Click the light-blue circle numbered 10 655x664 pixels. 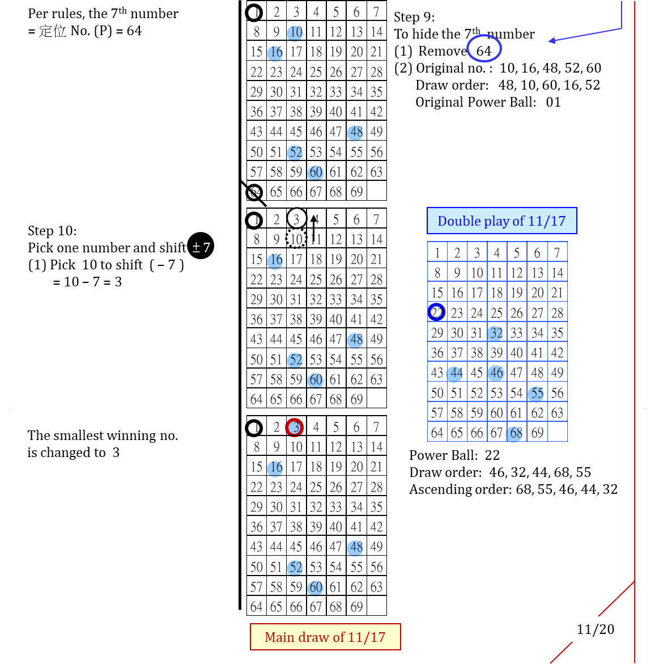(x=295, y=33)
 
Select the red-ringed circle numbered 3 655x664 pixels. (x=294, y=427)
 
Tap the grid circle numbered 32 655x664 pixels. (x=495, y=333)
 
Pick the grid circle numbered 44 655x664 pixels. (x=454, y=374)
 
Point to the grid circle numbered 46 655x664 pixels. (x=496, y=373)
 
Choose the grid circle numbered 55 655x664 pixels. (x=535, y=394)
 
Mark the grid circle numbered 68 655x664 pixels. (x=514, y=434)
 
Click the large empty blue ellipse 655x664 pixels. (x=484, y=48)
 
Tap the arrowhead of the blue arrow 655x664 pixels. (x=551, y=40)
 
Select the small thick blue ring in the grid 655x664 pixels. (x=436, y=312)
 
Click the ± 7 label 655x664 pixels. (x=201, y=248)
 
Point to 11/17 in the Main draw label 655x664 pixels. (x=367, y=637)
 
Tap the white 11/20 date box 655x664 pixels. (x=595, y=629)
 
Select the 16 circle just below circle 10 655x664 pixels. (x=275, y=53)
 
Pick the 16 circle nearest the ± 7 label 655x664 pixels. (x=275, y=261)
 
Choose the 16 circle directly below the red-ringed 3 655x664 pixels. (x=275, y=468)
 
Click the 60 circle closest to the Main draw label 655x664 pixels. (x=316, y=588)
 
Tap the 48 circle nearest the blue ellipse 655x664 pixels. (x=355, y=133)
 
